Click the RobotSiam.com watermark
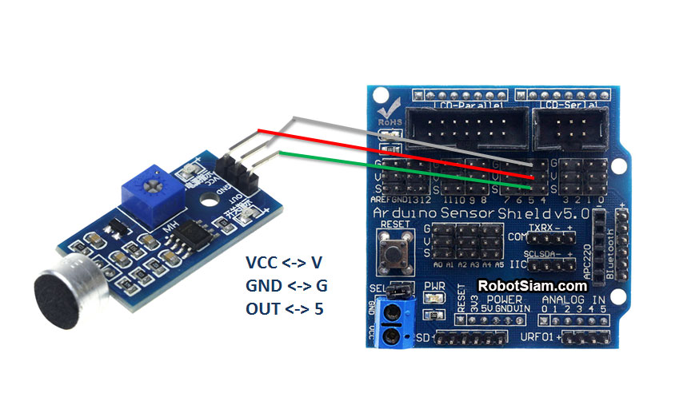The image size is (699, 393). coord(532,285)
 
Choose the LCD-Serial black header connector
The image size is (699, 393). coord(569,127)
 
